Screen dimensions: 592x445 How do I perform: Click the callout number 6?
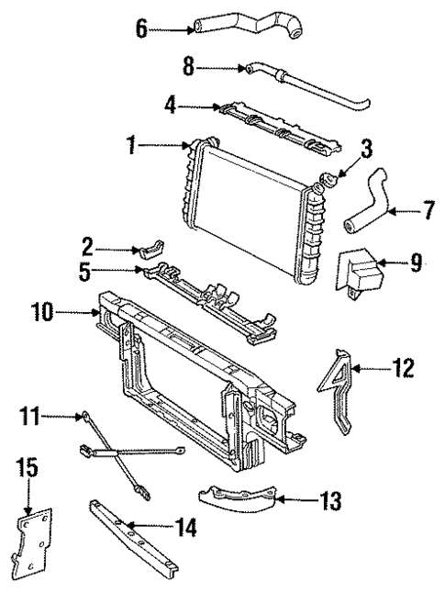click(x=141, y=28)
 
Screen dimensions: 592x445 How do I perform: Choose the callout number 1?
click(x=131, y=145)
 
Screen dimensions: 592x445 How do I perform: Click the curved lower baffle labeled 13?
click(x=239, y=497)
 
